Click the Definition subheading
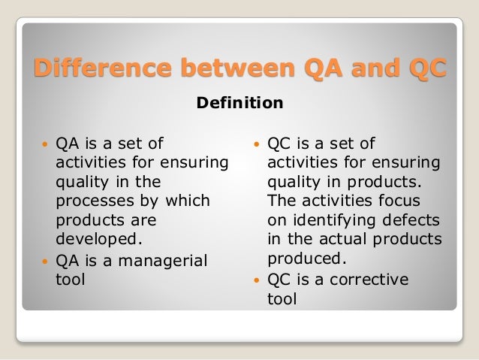tap(239, 103)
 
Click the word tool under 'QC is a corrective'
tap(282, 299)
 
